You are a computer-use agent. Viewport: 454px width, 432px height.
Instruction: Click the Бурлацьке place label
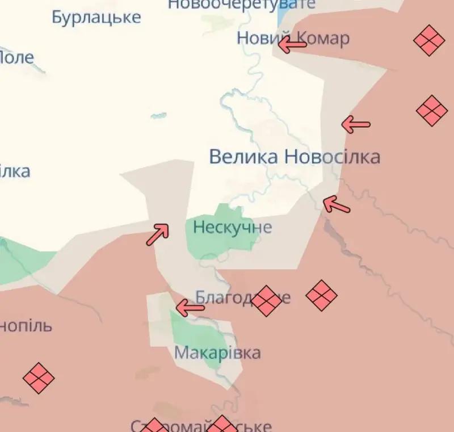pyautogui.click(x=96, y=17)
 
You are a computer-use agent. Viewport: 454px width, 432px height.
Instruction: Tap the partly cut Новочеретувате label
pyautogui.click(x=241, y=5)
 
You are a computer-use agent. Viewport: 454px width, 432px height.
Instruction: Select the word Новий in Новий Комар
pyautogui.click(x=258, y=39)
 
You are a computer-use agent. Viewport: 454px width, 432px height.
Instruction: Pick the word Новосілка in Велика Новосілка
pyautogui.click(x=332, y=157)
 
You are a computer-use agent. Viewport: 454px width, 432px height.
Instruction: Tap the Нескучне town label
pyautogui.click(x=232, y=228)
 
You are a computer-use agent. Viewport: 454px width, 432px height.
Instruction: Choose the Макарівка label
pyautogui.click(x=217, y=353)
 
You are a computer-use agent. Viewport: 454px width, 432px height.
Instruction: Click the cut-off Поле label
pyautogui.click(x=16, y=57)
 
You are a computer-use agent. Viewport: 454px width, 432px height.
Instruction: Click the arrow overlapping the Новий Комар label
pyautogui.click(x=292, y=44)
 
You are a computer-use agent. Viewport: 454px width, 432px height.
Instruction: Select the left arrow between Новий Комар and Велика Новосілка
pyautogui.click(x=356, y=124)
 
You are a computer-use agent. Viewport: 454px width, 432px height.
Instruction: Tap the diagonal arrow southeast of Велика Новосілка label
pyautogui.click(x=336, y=205)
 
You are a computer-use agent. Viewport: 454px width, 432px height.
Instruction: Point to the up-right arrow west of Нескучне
pyautogui.click(x=158, y=234)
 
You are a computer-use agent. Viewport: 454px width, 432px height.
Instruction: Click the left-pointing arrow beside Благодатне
pyautogui.click(x=190, y=308)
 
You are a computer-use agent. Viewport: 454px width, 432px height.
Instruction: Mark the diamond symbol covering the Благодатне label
pyautogui.click(x=266, y=300)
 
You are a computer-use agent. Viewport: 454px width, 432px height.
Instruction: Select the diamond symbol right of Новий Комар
pyautogui.click(x=428, y=40)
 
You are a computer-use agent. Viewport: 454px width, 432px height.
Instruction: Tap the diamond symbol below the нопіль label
pyautogui.click(x=39, y=378)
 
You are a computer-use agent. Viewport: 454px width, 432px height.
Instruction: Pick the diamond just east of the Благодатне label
pyautogui.click(x=321, y=295)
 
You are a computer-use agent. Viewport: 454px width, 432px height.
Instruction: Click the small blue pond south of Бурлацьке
pyautogui.click(x=159, y=116)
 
